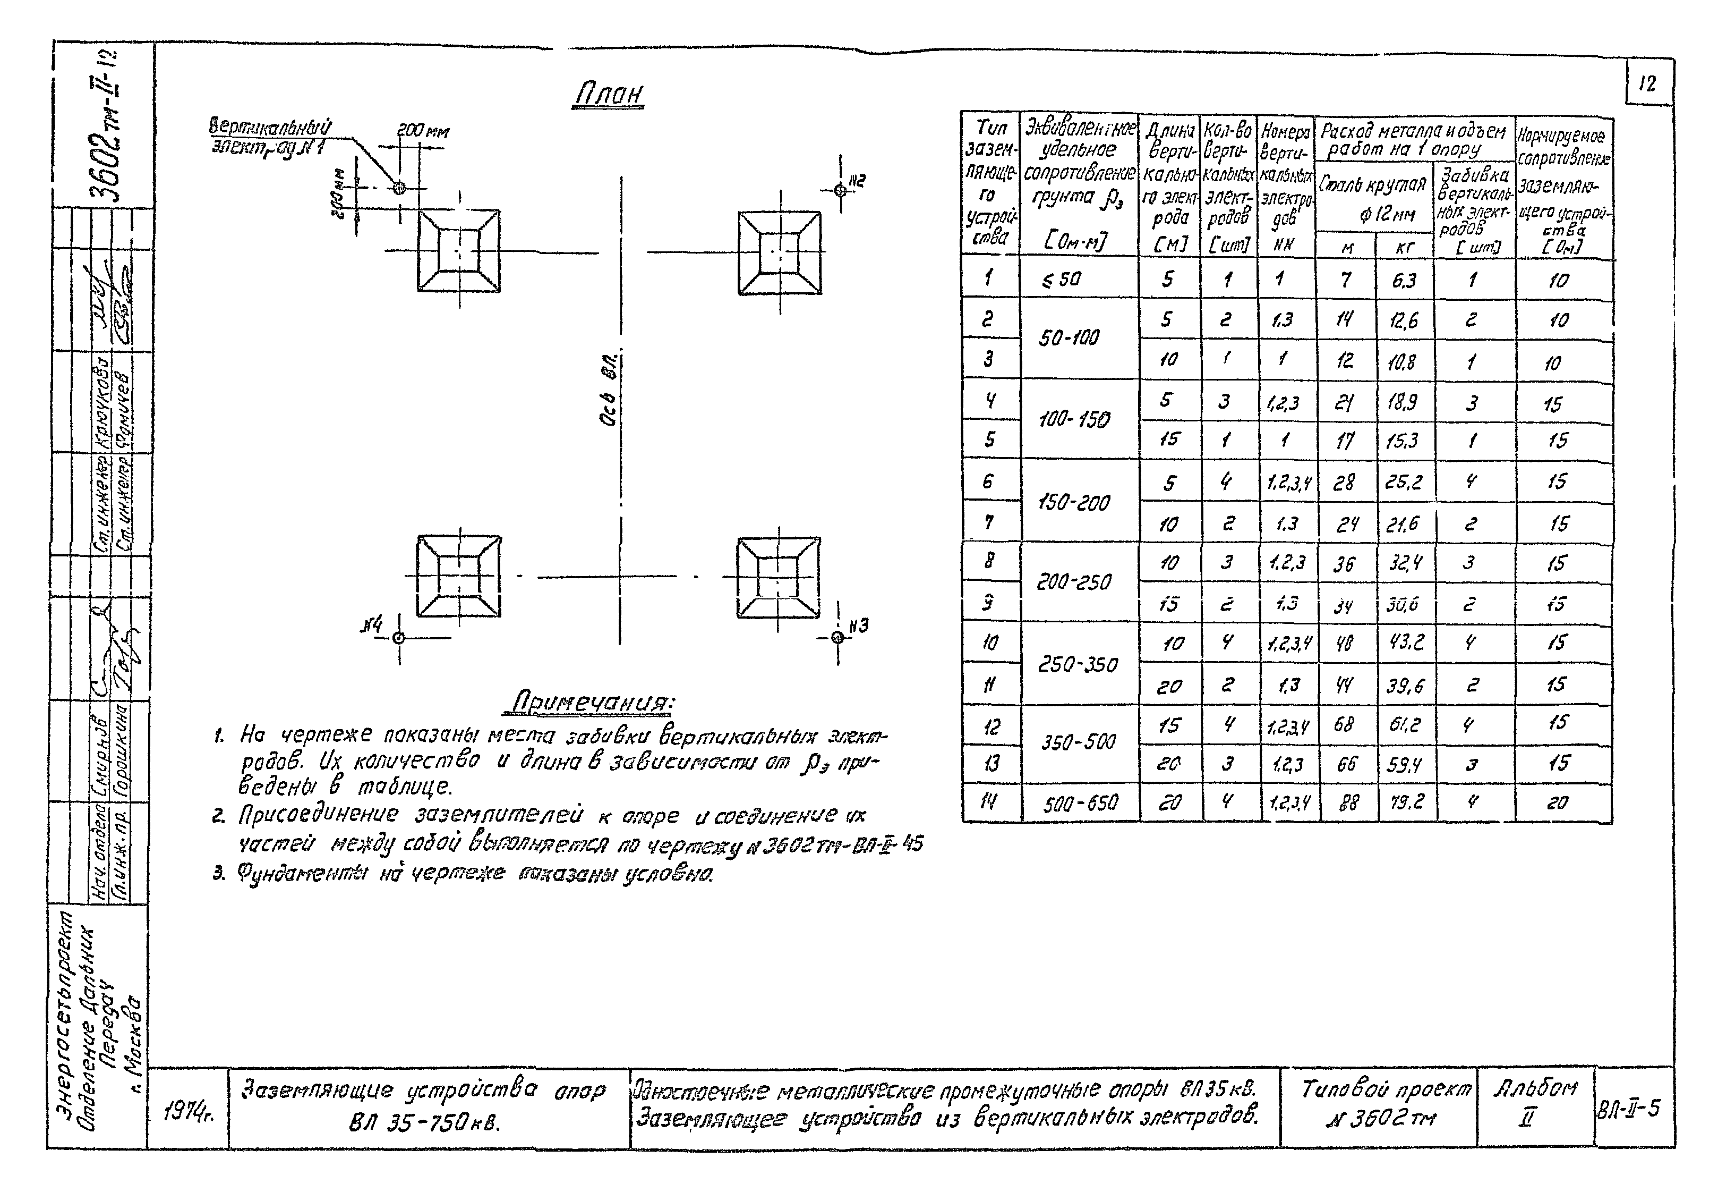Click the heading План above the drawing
point(609,94)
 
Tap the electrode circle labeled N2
point(840,190)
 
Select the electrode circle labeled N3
point(837,637)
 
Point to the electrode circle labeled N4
point(399,638)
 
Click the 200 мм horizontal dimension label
point(423,131)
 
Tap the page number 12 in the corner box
point(1647,83)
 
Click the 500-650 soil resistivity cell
point(1080,804)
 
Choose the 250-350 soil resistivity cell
point(1078,664)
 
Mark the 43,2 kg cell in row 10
point(1406,643)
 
